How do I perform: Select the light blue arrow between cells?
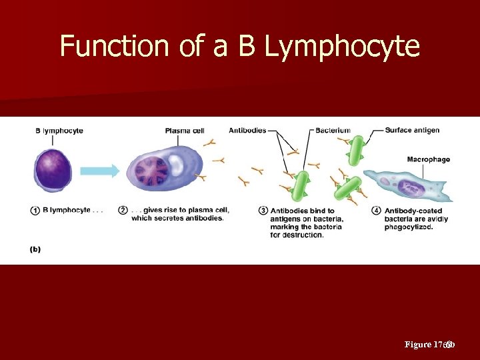(x=100, y=171)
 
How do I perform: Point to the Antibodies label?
(x=247, y=130)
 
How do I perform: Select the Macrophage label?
(x=428, y=159)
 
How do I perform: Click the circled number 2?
(x=123, y=211)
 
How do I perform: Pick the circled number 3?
(x=263, y=211)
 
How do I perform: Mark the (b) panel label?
(x=35, y=249)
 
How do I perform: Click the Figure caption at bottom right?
(x=430, y=345)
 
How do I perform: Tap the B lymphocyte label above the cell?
(x=59, y=131)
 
